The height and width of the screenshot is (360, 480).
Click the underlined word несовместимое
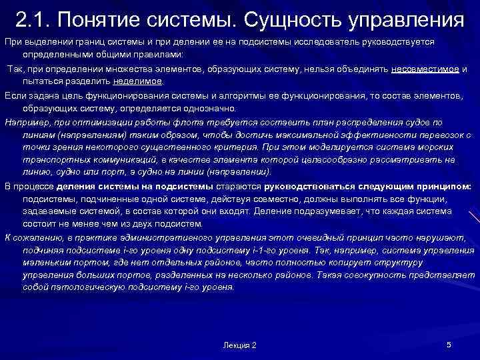point(425,69)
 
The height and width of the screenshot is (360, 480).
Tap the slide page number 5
point(449,344)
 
